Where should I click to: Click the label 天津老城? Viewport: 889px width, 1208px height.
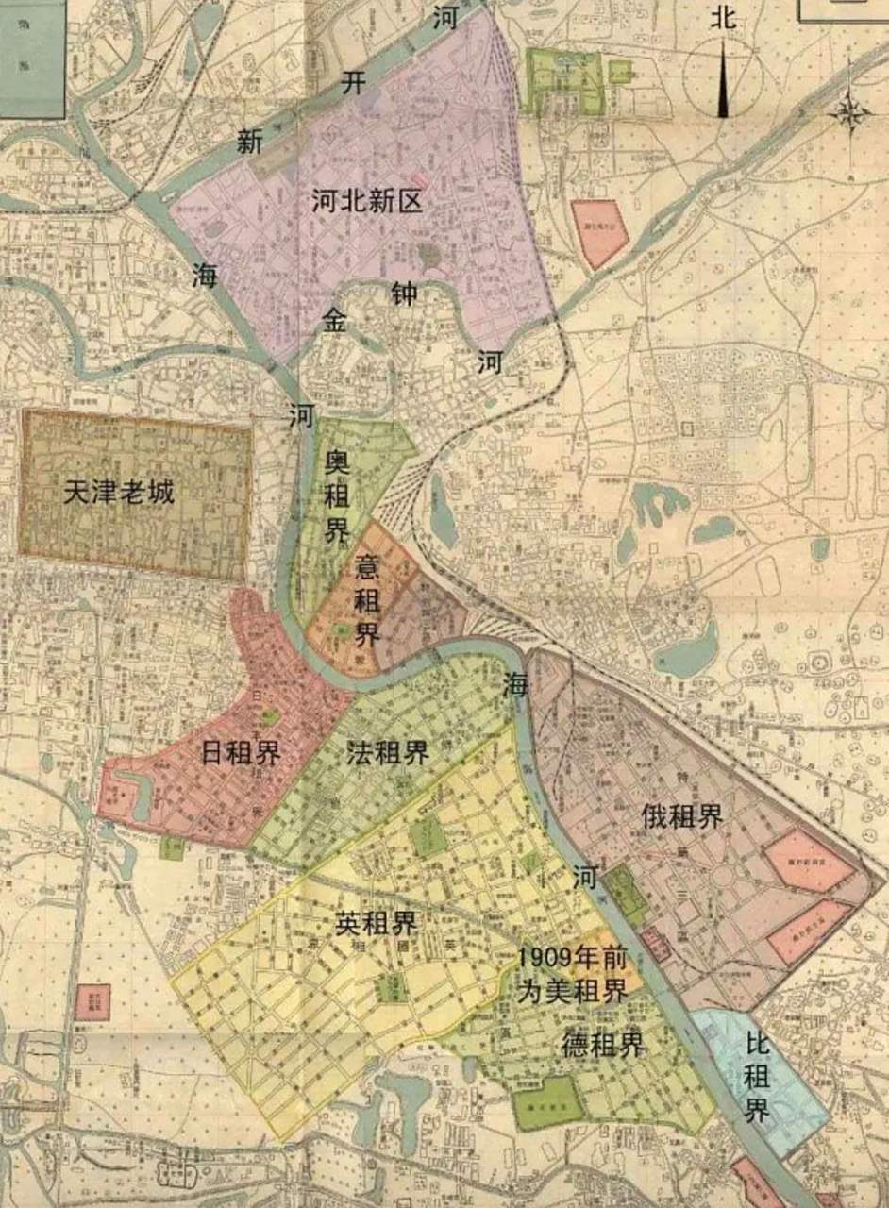click(x=119, y=492)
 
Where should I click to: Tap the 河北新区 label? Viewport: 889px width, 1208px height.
click(x=367, y=200)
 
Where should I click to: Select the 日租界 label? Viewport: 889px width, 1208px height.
click(x=241, y=752)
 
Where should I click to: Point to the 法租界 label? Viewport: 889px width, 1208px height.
click(x=387, y=752)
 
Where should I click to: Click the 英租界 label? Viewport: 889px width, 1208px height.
click(x=376, y=922)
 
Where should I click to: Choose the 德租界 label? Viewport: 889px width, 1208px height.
click(x=603, y=1045)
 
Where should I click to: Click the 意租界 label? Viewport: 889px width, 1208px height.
click(x=367, y=599)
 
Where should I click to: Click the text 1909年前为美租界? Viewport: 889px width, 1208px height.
click(x=572, y=974)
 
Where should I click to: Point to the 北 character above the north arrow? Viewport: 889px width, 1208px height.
click(x=724, y=18)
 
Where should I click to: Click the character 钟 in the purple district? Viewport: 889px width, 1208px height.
click(x=404, y=294)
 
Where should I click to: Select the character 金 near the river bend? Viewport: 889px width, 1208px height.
click(x=336, y=320)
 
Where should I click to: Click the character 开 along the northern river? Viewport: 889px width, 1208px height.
click(x=353, y=83)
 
